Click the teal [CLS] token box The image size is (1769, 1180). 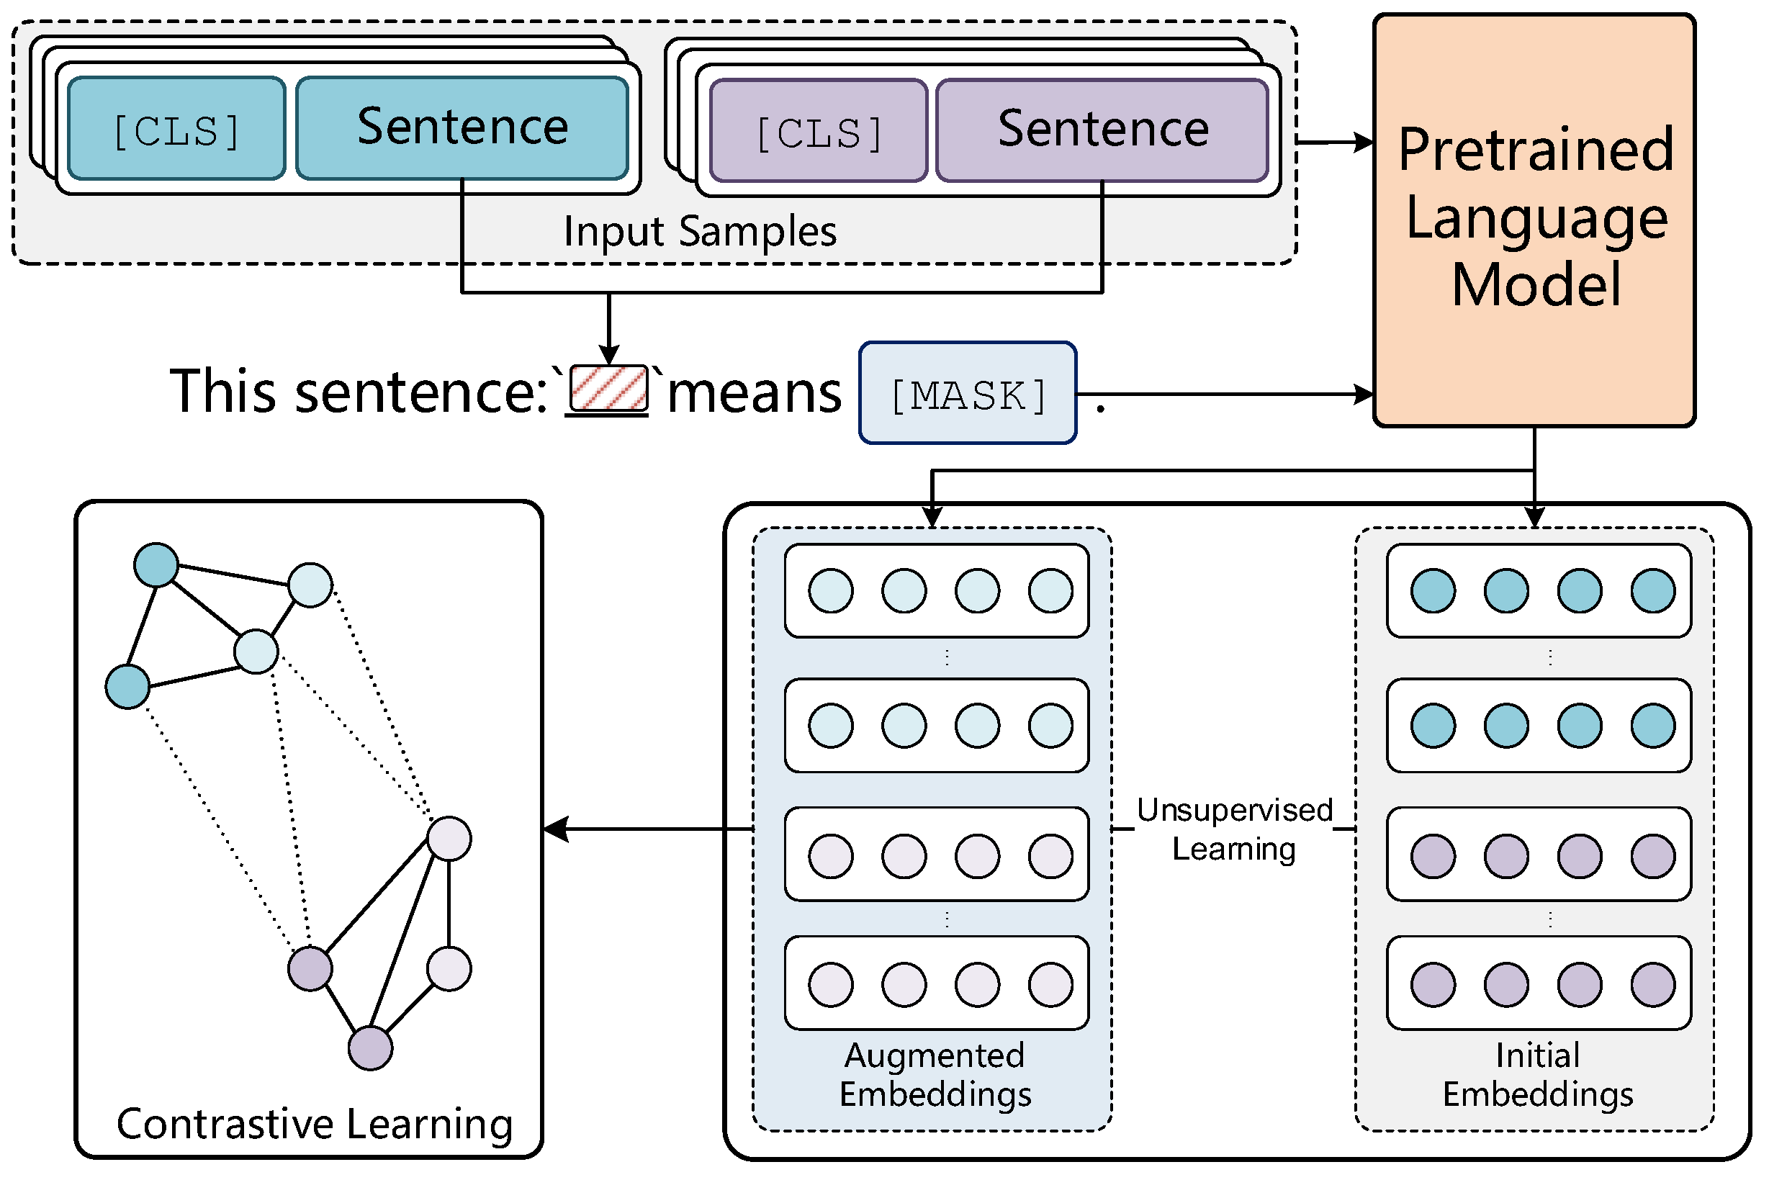pos(178,130)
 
